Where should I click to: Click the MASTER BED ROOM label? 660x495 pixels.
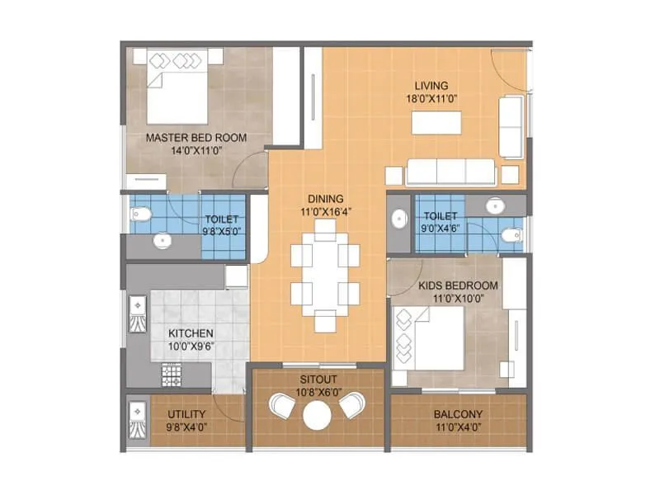tap(196, 137)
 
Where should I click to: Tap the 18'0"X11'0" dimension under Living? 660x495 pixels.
tap(431, 98)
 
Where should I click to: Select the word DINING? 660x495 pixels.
tap(325, 198)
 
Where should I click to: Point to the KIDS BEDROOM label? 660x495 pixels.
tap(446, 285)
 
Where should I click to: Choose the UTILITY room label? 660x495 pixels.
tap(186, 414)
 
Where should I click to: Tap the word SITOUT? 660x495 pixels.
tap(318, 379)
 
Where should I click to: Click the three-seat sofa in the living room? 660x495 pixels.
tap(450, 172)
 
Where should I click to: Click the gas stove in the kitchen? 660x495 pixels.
tap(171, 376)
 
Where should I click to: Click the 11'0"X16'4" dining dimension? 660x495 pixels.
tap(325, 210)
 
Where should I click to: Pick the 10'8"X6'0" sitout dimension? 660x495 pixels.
tap(318, 391)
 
